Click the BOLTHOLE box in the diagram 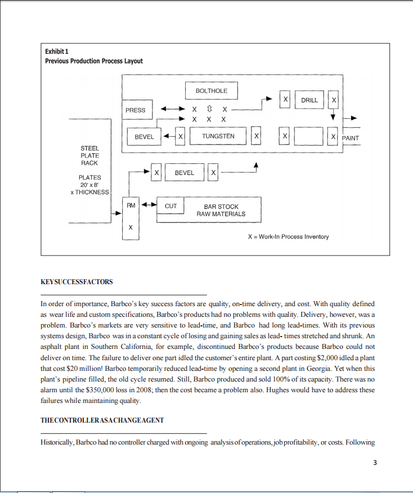(212, 91)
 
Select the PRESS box (136, 110)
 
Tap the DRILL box (309, 100)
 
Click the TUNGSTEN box (218, 136)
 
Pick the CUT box (170, 207)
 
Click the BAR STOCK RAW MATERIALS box (221, 210)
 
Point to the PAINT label (350, 138)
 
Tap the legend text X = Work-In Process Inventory (288, 237)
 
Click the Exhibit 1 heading (57, 52)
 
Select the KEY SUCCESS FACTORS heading (77, 282)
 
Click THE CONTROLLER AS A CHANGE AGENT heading (102, 422)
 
